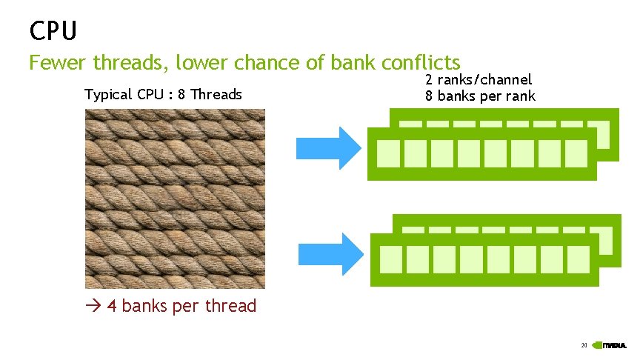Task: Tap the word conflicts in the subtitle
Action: [x=423, y=63]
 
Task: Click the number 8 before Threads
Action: [x=182, y=95]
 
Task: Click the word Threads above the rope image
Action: [x=216, y=95]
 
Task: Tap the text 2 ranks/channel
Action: [x=478, y=80]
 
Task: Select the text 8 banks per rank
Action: [x=479, y=96]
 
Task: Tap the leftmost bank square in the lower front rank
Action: [x=390, y=259]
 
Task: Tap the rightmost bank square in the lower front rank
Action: [x=578, y=259]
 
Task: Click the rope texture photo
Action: [x=175, y=199]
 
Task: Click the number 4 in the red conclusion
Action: [x=112, y=306]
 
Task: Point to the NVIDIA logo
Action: [x=615, y=345]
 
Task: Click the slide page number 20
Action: [x=584, y=345]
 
